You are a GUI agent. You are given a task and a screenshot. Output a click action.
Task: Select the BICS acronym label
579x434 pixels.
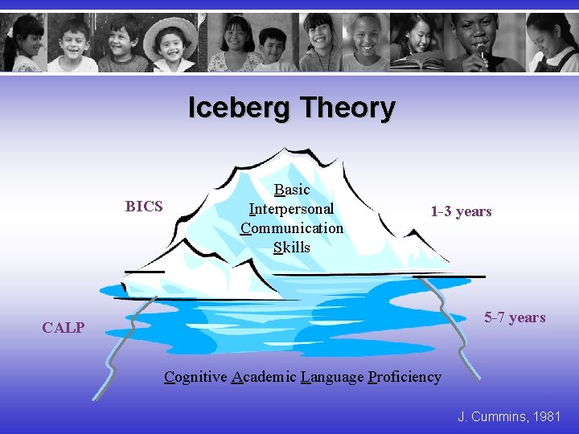[144, 207]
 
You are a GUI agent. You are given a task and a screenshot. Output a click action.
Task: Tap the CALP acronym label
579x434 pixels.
[63, 327]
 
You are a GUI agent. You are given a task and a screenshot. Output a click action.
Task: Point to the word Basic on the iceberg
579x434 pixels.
[291, 190]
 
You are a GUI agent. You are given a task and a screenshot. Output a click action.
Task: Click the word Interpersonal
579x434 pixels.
[291, 209]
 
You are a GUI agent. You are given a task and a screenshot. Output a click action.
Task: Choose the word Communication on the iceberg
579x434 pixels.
[291, 228]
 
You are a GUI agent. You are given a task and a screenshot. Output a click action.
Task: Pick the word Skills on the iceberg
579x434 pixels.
[291, 248]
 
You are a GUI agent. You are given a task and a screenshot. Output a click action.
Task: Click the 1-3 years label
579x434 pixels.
[461, 211]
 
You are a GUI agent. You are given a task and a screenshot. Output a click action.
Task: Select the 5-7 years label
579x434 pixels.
[515, 317]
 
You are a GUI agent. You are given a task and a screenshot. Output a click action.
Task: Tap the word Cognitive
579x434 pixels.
[195, 376]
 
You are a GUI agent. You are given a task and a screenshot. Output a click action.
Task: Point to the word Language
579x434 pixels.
[332, 376]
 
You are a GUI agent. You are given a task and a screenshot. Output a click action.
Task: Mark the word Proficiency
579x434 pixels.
[404, 376]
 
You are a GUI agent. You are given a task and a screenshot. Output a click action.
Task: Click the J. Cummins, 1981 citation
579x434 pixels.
[509, 416]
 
